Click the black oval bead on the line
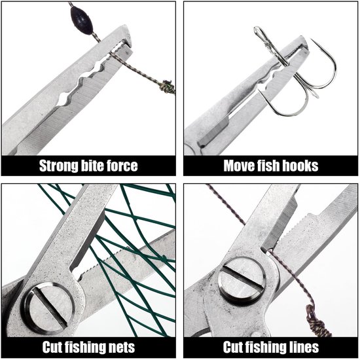82,20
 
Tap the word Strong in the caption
58,166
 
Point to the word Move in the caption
239,166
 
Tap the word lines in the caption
304,347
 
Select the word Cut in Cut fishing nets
52,347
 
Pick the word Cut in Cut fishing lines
233,347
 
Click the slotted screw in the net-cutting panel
48,308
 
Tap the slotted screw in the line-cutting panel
242,281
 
